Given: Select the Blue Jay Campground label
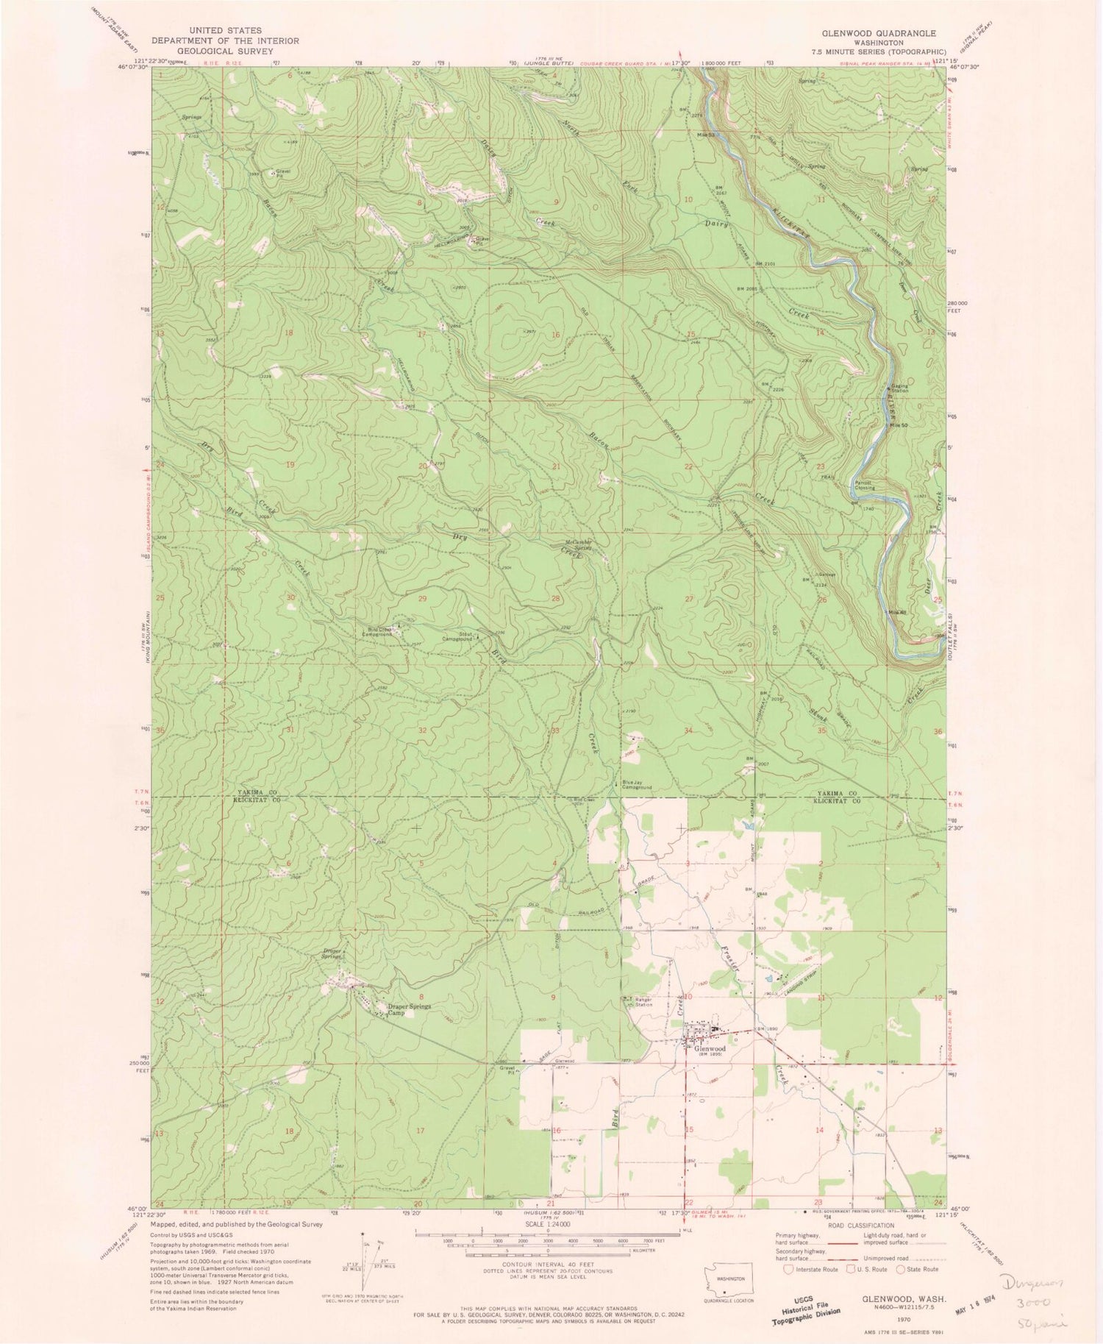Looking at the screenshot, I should coord(638,785).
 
